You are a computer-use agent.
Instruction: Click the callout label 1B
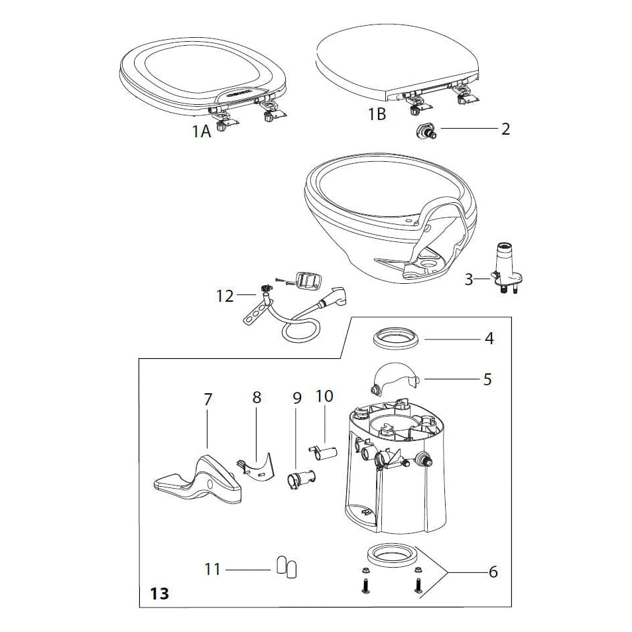[x=377, y=114]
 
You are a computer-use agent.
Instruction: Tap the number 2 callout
[x=505, y=128]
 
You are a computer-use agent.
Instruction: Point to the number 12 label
[x=225, y=296]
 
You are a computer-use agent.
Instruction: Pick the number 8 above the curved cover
[x=257, y=397]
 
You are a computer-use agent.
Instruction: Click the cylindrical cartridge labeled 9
[x=299, y=478]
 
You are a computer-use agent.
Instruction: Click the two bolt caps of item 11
[x=286, y=568]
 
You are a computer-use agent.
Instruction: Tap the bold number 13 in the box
[x=159, y=592]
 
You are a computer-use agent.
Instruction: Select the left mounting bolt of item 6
[x=365, y=586]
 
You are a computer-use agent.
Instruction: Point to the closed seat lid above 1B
[x=395, y=63]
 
